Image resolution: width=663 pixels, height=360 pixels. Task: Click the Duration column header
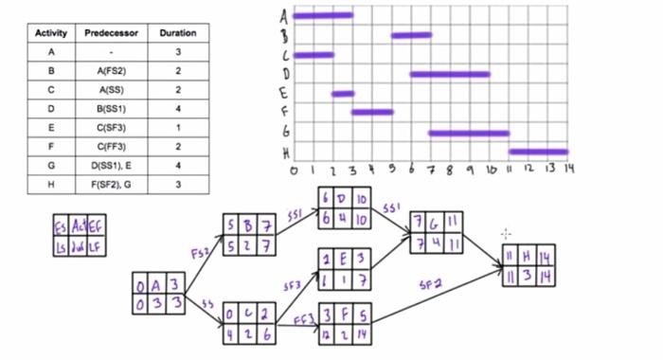(178, 32)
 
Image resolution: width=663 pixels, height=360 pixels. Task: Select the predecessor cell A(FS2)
(112, 71)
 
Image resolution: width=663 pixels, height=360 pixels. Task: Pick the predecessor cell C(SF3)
(112, 127)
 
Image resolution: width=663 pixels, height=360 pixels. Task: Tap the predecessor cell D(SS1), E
(112, 165)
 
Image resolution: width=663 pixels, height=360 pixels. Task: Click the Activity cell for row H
(50, 183)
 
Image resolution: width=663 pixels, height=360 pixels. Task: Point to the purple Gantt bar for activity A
(323, 15)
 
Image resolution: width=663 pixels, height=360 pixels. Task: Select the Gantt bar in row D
(450, 74)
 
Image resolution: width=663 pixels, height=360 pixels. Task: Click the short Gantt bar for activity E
(343, 94)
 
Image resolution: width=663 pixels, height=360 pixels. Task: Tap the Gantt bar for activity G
(469, 133)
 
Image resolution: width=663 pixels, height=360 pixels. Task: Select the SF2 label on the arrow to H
(431, 283)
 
